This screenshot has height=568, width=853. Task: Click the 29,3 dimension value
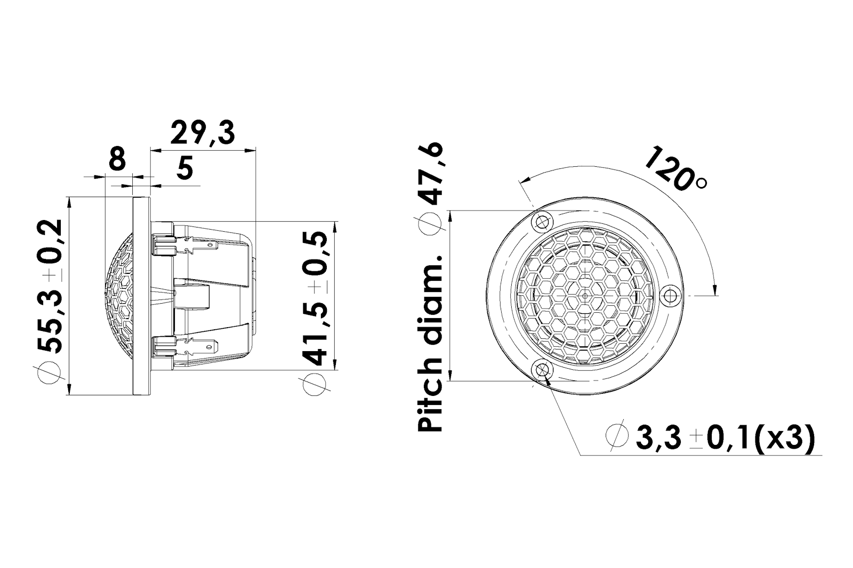[x=202, y=132]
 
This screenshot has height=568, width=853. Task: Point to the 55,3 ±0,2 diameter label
[x=50, y=287]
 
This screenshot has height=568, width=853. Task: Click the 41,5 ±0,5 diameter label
[x=315, y=298]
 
